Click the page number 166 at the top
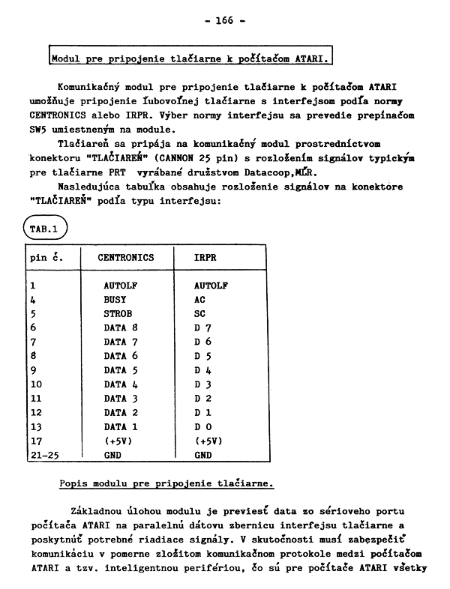click(225, 20)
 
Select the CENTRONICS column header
click(125, 258)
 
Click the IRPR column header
click(205, 258)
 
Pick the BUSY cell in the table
click(115, 300)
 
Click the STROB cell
click(118, 314)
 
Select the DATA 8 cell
click(121, 328)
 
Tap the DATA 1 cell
click(121, 426)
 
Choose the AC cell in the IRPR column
click(199, 300)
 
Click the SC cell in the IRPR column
click(199, 314)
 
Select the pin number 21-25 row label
click(43, 455)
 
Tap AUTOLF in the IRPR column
click(211, 286)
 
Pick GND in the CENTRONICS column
click(112, 455)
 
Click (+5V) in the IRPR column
click(210, 441)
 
